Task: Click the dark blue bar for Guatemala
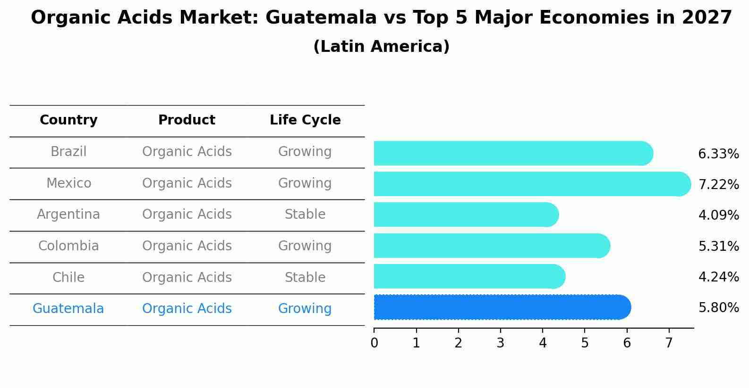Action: (x=502, y=307)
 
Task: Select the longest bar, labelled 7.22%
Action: (x=532, y=184)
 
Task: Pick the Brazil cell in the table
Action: (x=68, y=152)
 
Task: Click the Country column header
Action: (x=68, y=120)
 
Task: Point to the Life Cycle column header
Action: (x=305, y=120)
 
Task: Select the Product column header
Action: (x=187, y=120)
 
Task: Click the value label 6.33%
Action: (x=718, y=154)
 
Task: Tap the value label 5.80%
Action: (x=718, y=308)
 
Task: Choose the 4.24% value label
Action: (x=718, y=277)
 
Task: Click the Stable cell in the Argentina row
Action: (x=305, y=215)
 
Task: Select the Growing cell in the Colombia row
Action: (x=305, y=246)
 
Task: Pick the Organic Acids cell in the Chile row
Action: (x=187, y=278)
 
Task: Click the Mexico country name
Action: (x=68, y=183)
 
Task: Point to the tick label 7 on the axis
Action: (x=669, y=343)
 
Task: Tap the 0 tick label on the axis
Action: (x=374, y=343)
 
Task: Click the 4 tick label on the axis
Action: (x=543, y=343)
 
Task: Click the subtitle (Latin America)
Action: (x=381, y=47)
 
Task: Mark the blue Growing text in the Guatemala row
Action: (x=305, y=309)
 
